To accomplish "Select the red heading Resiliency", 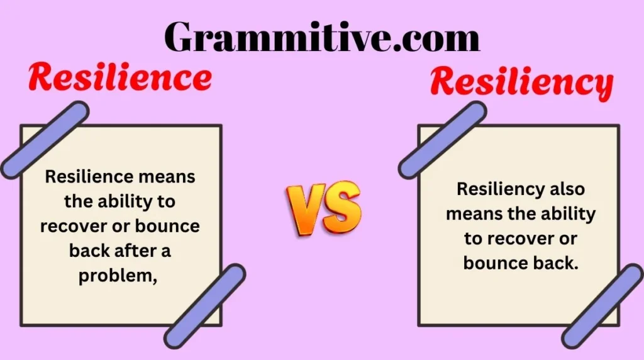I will (521, 84).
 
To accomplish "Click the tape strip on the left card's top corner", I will (44, 140).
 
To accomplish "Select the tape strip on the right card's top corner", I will (442, 140).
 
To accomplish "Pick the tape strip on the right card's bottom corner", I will (603, 306).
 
